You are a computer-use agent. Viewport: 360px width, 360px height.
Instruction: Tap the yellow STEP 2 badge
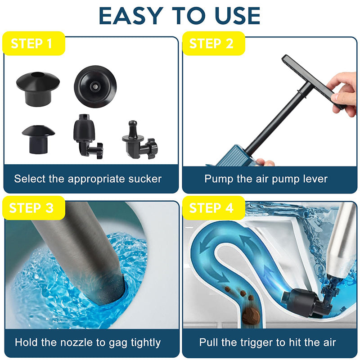[211, 44]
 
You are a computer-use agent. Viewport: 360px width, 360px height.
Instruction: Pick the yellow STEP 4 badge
[211, 208]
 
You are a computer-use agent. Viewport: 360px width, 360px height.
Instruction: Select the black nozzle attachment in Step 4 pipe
[304, 301]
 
